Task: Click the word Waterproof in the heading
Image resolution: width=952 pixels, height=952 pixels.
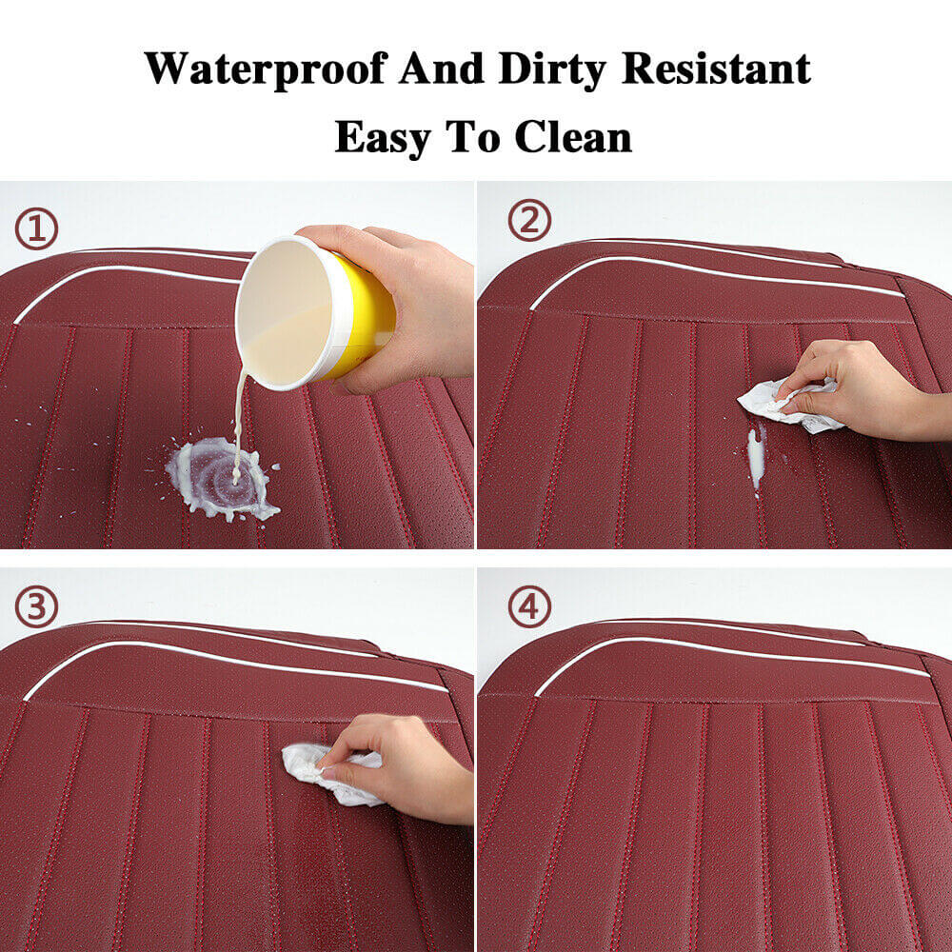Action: [267, 69]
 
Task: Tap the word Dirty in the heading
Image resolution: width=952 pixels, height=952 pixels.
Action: [552, 69]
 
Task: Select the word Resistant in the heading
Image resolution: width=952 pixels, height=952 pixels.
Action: [717, 68]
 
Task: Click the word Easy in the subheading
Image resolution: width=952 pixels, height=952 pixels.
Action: [383, 138]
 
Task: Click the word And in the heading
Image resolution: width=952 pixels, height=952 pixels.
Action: [442, 68]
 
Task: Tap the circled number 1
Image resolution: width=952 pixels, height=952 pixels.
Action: [36, 229]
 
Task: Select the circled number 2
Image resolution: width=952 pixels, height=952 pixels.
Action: [529, 221]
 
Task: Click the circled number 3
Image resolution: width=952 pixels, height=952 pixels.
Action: [36, 606]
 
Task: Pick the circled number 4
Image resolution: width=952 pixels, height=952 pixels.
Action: [529, 606]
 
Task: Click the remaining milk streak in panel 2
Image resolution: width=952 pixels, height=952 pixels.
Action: [756, 459]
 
